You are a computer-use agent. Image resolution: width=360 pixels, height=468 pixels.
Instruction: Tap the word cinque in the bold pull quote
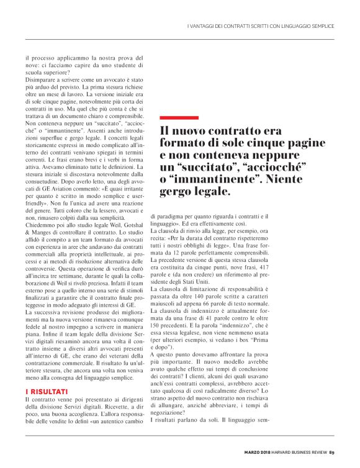(x=247, y=143)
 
